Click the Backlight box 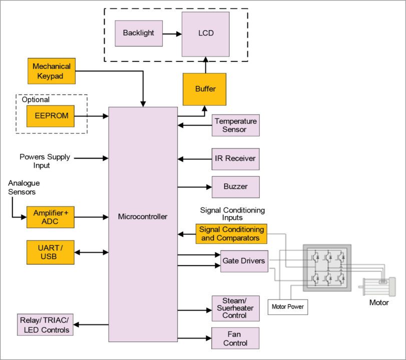139,33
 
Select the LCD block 205,34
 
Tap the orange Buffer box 205,89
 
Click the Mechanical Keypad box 51,70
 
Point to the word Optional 36,99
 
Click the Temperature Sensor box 235,125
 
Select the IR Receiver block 235,159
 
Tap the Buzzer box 235,187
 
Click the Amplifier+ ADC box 51,217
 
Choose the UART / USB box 51,252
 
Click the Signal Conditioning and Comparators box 231,234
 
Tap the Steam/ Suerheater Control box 235,307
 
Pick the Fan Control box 235,338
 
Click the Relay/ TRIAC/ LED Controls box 44,325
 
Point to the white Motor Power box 288,306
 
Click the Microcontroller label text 143,216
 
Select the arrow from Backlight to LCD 172,34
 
